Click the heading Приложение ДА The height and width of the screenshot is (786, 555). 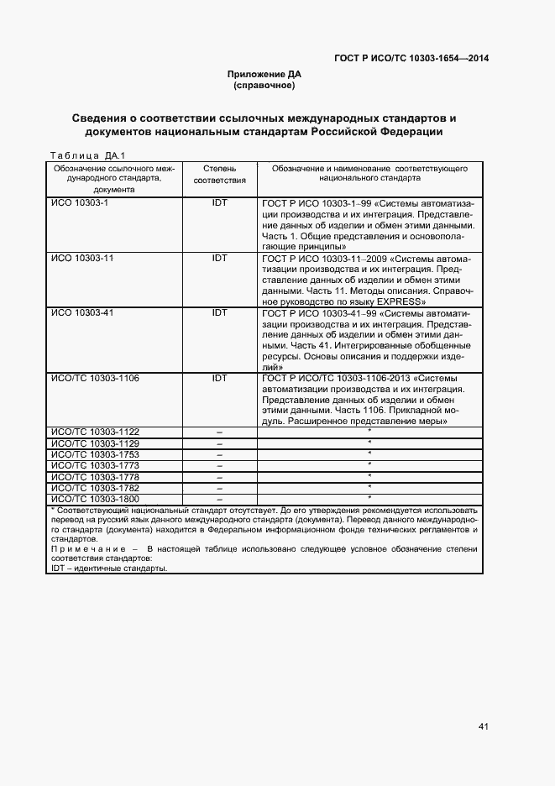[264, 75]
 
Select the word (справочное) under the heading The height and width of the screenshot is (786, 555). [264, 86]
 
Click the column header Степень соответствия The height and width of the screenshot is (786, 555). [219, 174]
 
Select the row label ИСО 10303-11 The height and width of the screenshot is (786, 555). [82, 258]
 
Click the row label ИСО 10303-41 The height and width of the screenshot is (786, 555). [82, 312]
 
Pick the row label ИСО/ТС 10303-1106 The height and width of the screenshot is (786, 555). [95, 378]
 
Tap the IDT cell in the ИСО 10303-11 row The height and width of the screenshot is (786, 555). [219, 258]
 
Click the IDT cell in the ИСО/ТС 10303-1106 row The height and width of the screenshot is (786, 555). [219, 378]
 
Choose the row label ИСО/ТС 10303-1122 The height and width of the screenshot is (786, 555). [95, 432]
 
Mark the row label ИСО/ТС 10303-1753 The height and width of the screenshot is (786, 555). [95, 454]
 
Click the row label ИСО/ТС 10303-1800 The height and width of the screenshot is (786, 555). [95, 499]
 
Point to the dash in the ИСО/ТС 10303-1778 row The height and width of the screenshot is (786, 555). [219, 477]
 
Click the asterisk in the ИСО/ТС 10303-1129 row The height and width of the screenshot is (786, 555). [369, 443]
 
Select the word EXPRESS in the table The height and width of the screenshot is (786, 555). [402, 301]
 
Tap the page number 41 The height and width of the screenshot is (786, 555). [483, 726]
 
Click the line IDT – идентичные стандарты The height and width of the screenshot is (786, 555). [109, 569]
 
